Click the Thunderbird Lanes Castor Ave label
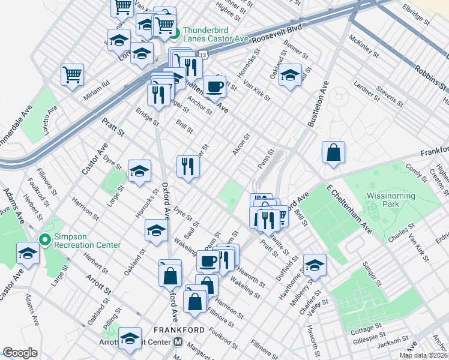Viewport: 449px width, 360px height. coord(215,34)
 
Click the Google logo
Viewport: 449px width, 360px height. coord(20,353)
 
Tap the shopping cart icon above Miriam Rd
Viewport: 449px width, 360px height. coord(72,75)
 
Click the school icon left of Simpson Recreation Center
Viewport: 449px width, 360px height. coord(28,253)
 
